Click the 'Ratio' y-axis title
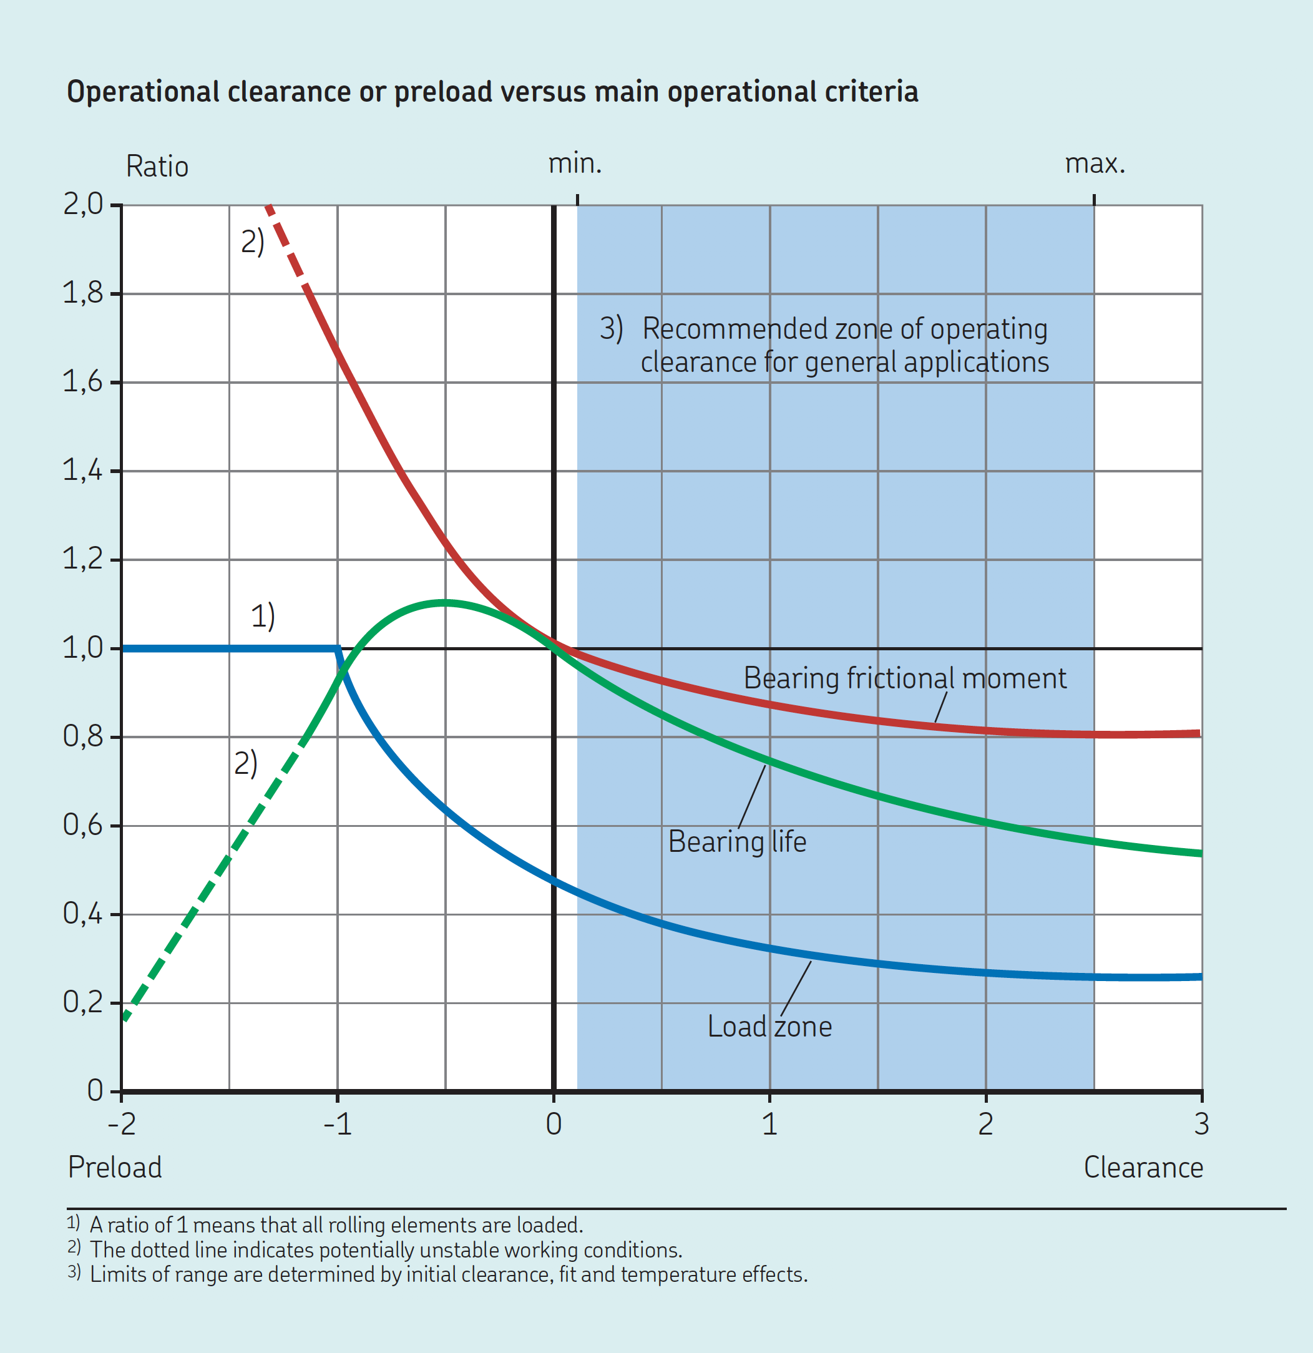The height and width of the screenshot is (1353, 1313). tap(157, 167)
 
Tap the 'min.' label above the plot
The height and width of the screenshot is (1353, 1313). tap(574, 164)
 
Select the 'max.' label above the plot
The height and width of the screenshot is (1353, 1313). tap(1095, 164)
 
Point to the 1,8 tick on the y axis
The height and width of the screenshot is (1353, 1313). tap(83, 293)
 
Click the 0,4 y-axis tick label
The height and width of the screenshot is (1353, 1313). tap(83, 914)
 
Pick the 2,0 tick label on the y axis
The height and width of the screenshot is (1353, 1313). tap(83, 204)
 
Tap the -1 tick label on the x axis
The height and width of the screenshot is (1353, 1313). tap(337, 1125)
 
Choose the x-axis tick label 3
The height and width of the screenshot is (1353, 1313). tap(1201, 1125)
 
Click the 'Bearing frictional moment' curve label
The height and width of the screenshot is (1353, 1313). tap(904, 678)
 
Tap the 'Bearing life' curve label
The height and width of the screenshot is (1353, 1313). tap(736, 842)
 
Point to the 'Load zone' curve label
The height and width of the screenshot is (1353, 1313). tap(769, 1027)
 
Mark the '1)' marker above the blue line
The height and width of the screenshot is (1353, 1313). tap(262, 616)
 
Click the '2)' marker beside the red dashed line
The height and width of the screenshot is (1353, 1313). tap(253, 242)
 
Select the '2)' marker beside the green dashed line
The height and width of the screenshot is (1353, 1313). tap(246, 763)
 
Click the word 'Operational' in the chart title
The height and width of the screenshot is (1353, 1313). tap(142, 92)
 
